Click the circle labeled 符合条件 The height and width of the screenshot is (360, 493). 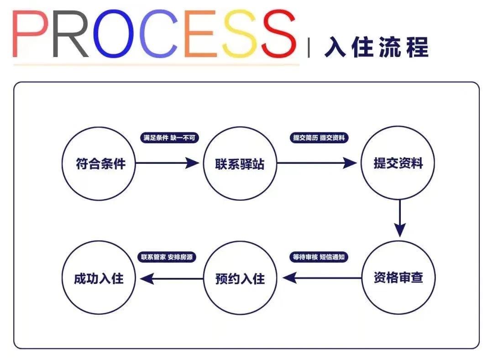100,163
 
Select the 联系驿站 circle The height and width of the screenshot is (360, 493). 240,163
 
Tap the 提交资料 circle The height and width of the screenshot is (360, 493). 398,163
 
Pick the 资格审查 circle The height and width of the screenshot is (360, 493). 398,277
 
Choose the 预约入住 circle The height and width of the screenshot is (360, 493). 240,277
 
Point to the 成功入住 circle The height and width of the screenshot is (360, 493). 99,277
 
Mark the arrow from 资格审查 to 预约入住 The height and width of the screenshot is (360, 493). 322,277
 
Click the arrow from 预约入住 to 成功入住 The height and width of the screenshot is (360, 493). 171,277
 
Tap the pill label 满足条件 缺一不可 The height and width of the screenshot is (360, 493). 169,138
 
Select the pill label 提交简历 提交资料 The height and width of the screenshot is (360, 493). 319,138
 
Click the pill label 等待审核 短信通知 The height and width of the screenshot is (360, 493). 319,257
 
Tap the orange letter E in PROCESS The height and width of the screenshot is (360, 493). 200,35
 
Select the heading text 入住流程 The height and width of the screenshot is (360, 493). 377,47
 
